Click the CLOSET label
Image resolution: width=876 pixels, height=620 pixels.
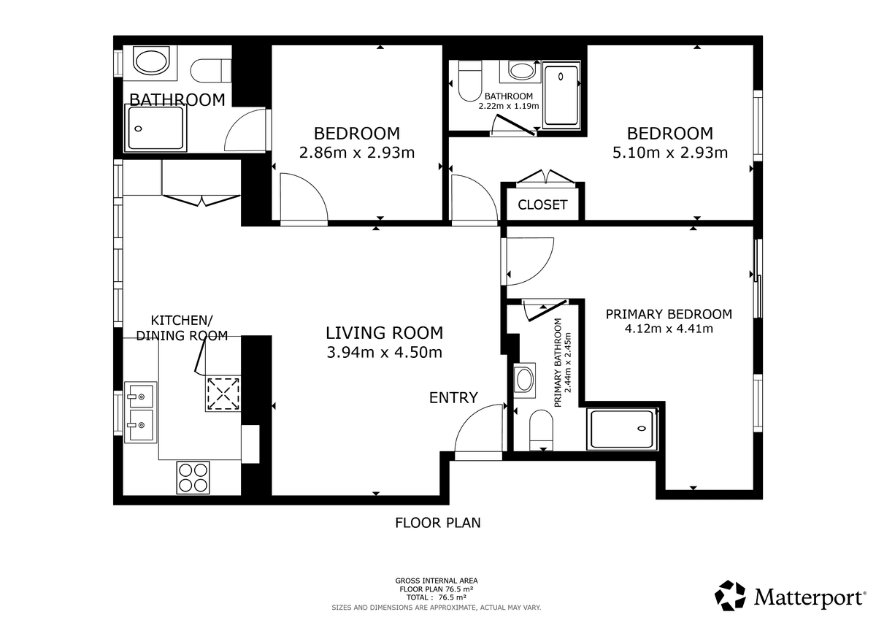542,204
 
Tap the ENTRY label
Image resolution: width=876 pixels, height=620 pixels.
453,398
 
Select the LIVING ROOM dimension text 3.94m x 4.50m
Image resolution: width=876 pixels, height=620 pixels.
385,353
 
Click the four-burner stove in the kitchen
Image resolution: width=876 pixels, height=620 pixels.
193,477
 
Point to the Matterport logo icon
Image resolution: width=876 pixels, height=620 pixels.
730,596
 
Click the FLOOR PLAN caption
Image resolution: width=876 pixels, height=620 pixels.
437,523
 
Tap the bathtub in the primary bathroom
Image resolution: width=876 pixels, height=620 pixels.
622,429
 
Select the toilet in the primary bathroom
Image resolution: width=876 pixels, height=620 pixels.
541,430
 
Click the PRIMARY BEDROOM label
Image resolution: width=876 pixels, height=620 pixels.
669,314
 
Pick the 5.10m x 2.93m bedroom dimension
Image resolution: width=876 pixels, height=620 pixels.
670,153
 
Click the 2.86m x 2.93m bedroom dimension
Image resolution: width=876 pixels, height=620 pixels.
357,153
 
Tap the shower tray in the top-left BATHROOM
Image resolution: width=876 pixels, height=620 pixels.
155,129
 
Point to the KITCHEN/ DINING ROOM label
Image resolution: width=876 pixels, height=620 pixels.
182,328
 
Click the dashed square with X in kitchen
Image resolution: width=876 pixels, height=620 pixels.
223,394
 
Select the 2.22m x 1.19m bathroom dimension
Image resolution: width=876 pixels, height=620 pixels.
508,106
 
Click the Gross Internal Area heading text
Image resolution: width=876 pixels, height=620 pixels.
437,581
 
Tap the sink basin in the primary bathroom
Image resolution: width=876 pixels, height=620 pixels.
524,380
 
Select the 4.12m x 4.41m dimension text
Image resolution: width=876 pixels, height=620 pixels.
669,329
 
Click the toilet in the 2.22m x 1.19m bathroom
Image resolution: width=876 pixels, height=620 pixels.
469,80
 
